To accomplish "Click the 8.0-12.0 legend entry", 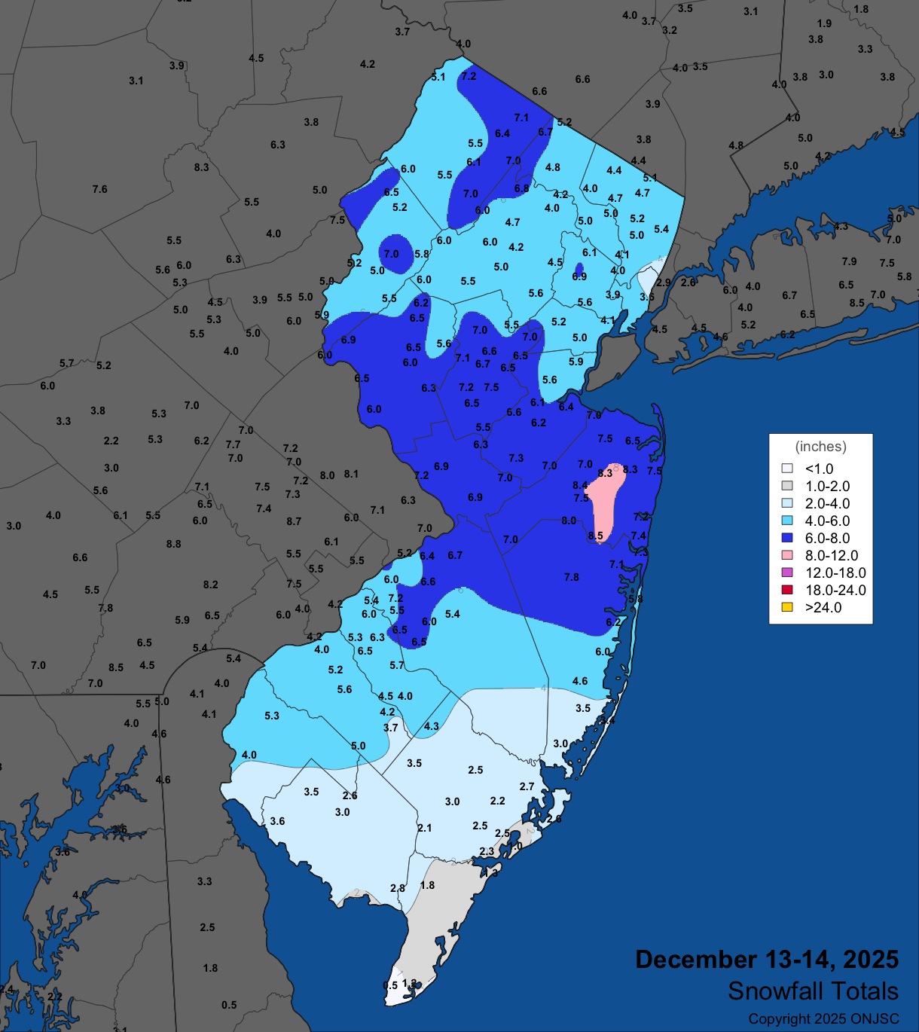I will pos(831,556).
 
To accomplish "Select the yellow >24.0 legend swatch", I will pos(787,607).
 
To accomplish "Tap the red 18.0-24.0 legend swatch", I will pos(787,590).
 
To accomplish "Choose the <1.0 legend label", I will pos(819,469).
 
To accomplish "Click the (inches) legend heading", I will pos(820,447).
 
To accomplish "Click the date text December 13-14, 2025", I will pos(767,960).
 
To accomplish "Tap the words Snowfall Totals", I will pos(813,991).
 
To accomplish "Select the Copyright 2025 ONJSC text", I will pos(823,1019).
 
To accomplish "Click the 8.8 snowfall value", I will pos(173,544).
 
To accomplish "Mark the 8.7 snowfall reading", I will pos(294,521).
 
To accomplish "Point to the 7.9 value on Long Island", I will pos(849,261).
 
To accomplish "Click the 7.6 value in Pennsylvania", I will pos(100,189).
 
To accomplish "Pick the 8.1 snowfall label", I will pos(351,474).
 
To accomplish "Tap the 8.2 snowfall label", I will pos(210,585).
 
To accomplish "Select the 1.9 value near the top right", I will pos(824,23).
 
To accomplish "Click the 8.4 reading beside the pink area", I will pos(579,485).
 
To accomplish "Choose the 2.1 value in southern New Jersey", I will pos(425,828).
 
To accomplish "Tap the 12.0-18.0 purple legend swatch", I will pos(787,572).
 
